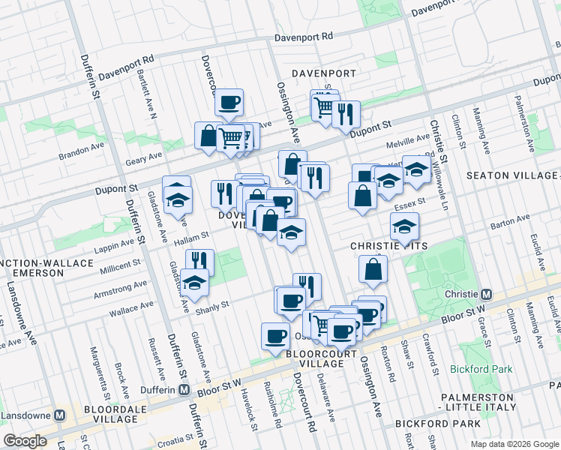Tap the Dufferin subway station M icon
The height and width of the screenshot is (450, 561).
coord(184,389)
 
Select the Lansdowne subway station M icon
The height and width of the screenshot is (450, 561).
coord(66,415)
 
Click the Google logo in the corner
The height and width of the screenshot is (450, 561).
coord(25,441)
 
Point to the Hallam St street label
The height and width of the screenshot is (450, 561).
coord(193,236)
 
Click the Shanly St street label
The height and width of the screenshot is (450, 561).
coord(212,303)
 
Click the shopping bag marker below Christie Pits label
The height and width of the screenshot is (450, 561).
coord(373,268)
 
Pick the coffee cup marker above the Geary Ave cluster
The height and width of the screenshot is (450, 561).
coord(229,101)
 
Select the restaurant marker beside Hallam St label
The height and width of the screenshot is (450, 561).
coord(199,262)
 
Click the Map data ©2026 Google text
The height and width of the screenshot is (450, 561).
coord(514,444)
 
